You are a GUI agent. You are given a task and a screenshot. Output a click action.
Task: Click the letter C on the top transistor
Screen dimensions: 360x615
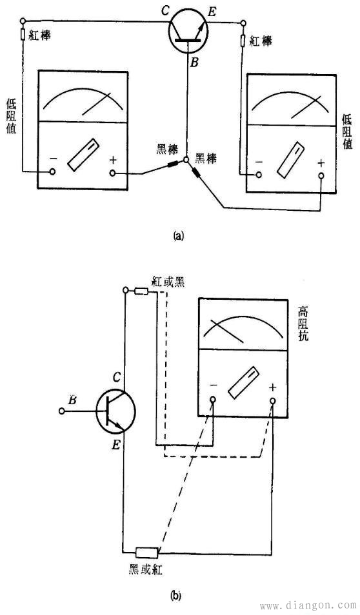point(165,11)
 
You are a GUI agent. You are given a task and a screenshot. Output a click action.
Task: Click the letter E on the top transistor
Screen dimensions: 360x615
point(212,12)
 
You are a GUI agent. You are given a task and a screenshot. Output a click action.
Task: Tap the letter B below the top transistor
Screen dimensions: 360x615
point(195,62)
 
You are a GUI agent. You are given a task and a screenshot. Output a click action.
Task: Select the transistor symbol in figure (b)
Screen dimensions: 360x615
point(115,411)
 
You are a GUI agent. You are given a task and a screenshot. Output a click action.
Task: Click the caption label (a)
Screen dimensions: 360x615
point(179,236)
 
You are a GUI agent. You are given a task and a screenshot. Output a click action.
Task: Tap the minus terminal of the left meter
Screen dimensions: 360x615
point(52,171)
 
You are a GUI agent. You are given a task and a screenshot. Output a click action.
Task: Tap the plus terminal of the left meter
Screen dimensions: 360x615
point(113,173)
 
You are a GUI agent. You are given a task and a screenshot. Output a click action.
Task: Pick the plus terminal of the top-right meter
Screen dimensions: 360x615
point(321,175)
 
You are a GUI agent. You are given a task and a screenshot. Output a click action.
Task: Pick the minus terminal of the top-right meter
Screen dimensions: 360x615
point(259,174)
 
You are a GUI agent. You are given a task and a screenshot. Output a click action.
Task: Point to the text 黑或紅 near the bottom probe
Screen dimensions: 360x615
point(146,570)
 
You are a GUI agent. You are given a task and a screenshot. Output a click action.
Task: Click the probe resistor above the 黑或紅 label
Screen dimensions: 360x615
point(146,552)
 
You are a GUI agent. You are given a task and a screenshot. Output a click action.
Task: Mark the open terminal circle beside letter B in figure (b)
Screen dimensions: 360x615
point(62,411)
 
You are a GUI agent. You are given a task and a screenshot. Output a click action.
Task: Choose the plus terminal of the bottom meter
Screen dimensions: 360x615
point(272,401)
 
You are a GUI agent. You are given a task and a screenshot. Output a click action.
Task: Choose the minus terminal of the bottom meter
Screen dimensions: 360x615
point(213,400)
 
